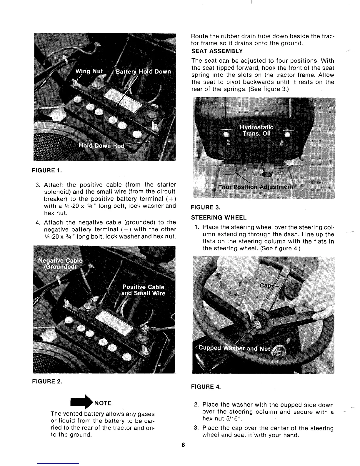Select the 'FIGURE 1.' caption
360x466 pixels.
[x=47, y=170]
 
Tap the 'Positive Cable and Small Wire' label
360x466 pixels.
[x=144, y=290]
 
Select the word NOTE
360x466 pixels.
[x=103, y=403]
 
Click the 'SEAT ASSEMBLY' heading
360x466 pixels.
[x=217, y=51]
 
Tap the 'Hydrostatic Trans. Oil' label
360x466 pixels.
[x=257, y=131]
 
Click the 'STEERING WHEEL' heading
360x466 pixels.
[x=219, y=218]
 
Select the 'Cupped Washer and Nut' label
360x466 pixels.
[x=234, y=348]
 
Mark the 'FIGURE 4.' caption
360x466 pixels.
[x=206, y=387]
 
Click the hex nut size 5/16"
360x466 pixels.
[x=235, y=419]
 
